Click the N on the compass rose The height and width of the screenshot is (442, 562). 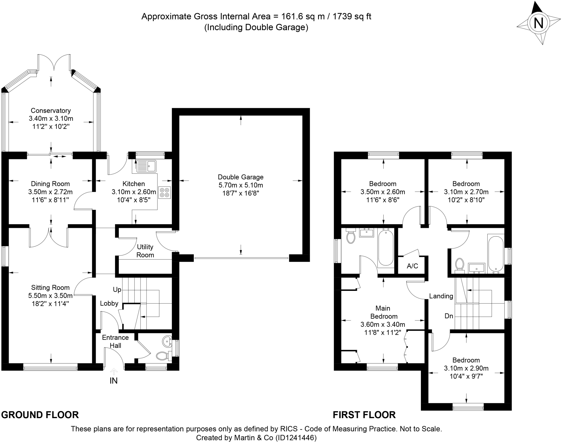coord(538,23)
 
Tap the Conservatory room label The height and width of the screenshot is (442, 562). coord(51,111)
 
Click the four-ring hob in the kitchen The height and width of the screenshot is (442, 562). coord(164,192)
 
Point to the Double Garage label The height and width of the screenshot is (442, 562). coord(241,177)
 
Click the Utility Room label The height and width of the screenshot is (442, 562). coord(145,251)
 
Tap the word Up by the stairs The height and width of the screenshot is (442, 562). coord(117,290)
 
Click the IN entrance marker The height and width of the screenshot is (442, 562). coord(114,381)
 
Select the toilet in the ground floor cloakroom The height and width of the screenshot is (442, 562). coord(162,356)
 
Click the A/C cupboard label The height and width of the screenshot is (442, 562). coord(412,266)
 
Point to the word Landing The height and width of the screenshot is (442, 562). coord(441,296)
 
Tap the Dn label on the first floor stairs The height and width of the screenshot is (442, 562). coord(449,316)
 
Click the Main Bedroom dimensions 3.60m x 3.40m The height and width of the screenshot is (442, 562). coord(383,324)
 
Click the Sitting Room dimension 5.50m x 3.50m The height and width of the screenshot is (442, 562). coord(50,295)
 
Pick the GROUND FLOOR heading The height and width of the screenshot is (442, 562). coord(40,415)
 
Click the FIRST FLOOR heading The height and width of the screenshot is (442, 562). coord(364,415)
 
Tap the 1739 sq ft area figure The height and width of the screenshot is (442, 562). coord(352,16)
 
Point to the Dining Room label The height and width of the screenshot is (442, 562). coord(50,184)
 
